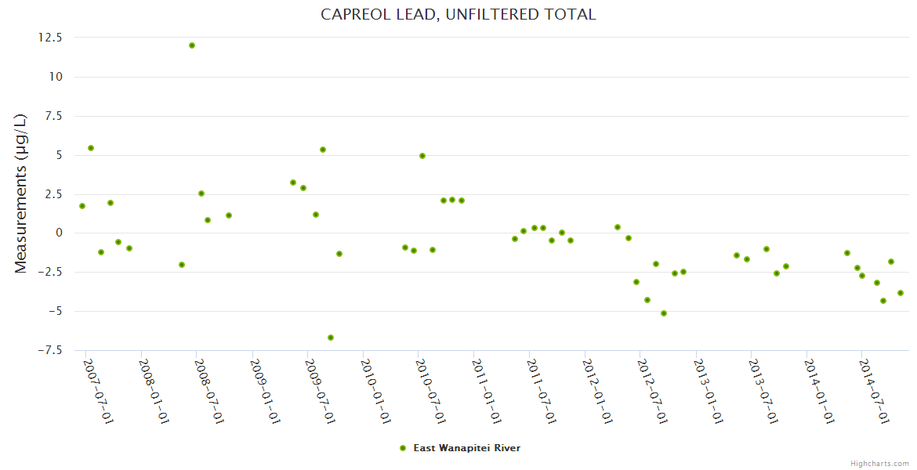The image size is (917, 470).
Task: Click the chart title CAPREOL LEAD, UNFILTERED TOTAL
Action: tap(458, 14)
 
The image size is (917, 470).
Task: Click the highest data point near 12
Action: tap(192, 45)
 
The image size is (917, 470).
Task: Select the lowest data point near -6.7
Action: tap(331, 338)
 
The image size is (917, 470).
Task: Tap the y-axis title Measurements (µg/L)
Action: tap(21, 193)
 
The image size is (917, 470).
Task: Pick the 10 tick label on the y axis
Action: tap(57, 77)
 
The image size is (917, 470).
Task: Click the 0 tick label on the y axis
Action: tap(60, 233)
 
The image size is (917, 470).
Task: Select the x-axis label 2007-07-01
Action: tap(99, 392)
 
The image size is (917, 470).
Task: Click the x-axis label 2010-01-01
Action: tap(375, 392)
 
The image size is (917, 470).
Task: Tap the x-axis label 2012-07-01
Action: tap(652, 392)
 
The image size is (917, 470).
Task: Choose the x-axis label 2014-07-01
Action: tap(874, 392)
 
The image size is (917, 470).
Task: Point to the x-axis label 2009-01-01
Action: tap(265, 392)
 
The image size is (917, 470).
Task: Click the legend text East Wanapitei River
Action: tap(466, 448)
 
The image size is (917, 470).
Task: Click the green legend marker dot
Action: tap(403, 448)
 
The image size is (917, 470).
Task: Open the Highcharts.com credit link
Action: tap(879, 463)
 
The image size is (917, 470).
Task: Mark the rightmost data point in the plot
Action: tap(901, 293)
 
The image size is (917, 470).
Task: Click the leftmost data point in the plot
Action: tap(82, 206)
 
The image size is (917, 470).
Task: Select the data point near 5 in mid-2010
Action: tap(422, 156)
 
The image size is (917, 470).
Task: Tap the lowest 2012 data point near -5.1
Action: tap(664, 313)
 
